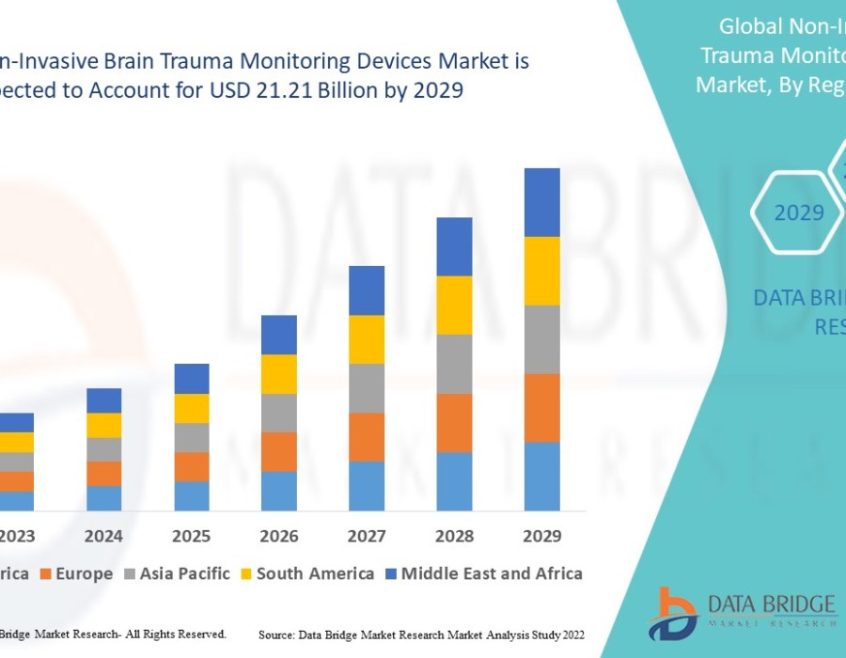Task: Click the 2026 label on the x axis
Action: pos(279,536)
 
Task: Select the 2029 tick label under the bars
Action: pos(541,536)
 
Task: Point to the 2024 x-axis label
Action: pos(103,536)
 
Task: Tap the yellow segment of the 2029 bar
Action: pos(541,271)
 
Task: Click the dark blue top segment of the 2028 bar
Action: pos(454,246)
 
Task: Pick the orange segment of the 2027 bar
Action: pos(367,437)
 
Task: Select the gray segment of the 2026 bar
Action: pos(279,413)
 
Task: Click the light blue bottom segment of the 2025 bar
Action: pos(192,496)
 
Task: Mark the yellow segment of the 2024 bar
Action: pos(103,425)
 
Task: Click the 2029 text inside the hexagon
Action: pos(799,212)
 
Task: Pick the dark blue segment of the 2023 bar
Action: pos(17,422)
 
